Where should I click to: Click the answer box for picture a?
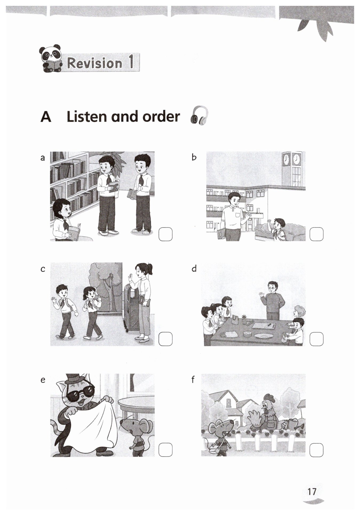(x=165, y=234)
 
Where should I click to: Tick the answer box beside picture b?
(x=317, y=234)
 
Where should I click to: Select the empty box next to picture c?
(x=165, y=339)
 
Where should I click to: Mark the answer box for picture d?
(x=317, y=339)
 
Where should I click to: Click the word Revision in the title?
(x=95, y=63)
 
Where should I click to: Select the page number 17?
(x=312, y=491)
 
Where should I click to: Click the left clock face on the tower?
(x=286, y=159)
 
